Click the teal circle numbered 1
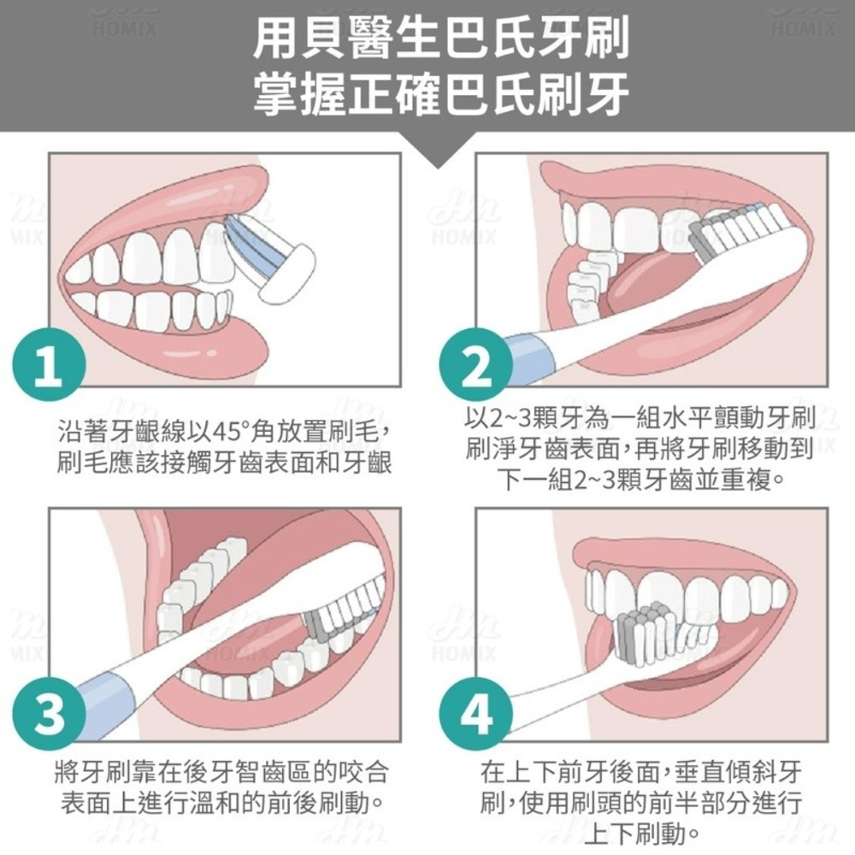point(49,365)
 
